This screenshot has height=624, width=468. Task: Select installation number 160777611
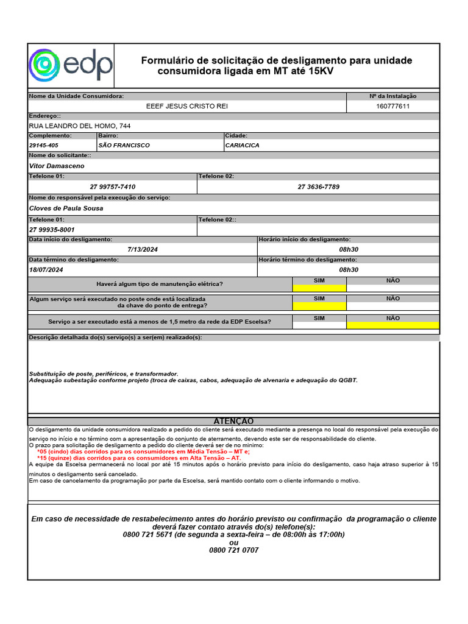[x=392, y=106]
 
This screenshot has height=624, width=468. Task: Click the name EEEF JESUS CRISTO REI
[x=187, y=106]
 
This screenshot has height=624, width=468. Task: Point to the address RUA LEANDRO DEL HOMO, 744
[x=80, y=126]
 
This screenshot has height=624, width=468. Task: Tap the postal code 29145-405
[x=44, y=146]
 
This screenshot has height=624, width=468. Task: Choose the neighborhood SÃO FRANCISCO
[x=124, y=146]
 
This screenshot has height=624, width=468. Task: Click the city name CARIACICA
[x=242, y=146]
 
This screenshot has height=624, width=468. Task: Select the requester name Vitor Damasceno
[x=57, y=166]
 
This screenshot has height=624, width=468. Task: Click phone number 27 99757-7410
[x=113, y=186]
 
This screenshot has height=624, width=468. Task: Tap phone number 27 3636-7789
[x=318, y=186]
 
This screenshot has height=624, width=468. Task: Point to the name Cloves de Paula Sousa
[x=66, y=208]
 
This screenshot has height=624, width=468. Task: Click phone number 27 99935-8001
[x=52, y=230]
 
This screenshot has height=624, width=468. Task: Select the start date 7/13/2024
[x=143, y=250]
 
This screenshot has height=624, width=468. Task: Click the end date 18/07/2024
[x=46, y=269]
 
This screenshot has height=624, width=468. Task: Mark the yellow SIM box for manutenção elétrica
[x=319, y=288]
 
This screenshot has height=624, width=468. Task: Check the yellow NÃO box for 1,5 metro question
[x=392, y=325]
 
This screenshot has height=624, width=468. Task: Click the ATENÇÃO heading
[x=233, y=421]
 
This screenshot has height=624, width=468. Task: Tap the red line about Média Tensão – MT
[x=143, y=452]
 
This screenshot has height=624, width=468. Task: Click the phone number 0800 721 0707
[x=233, y=550]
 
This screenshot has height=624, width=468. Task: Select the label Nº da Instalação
[x=392, y=96]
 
